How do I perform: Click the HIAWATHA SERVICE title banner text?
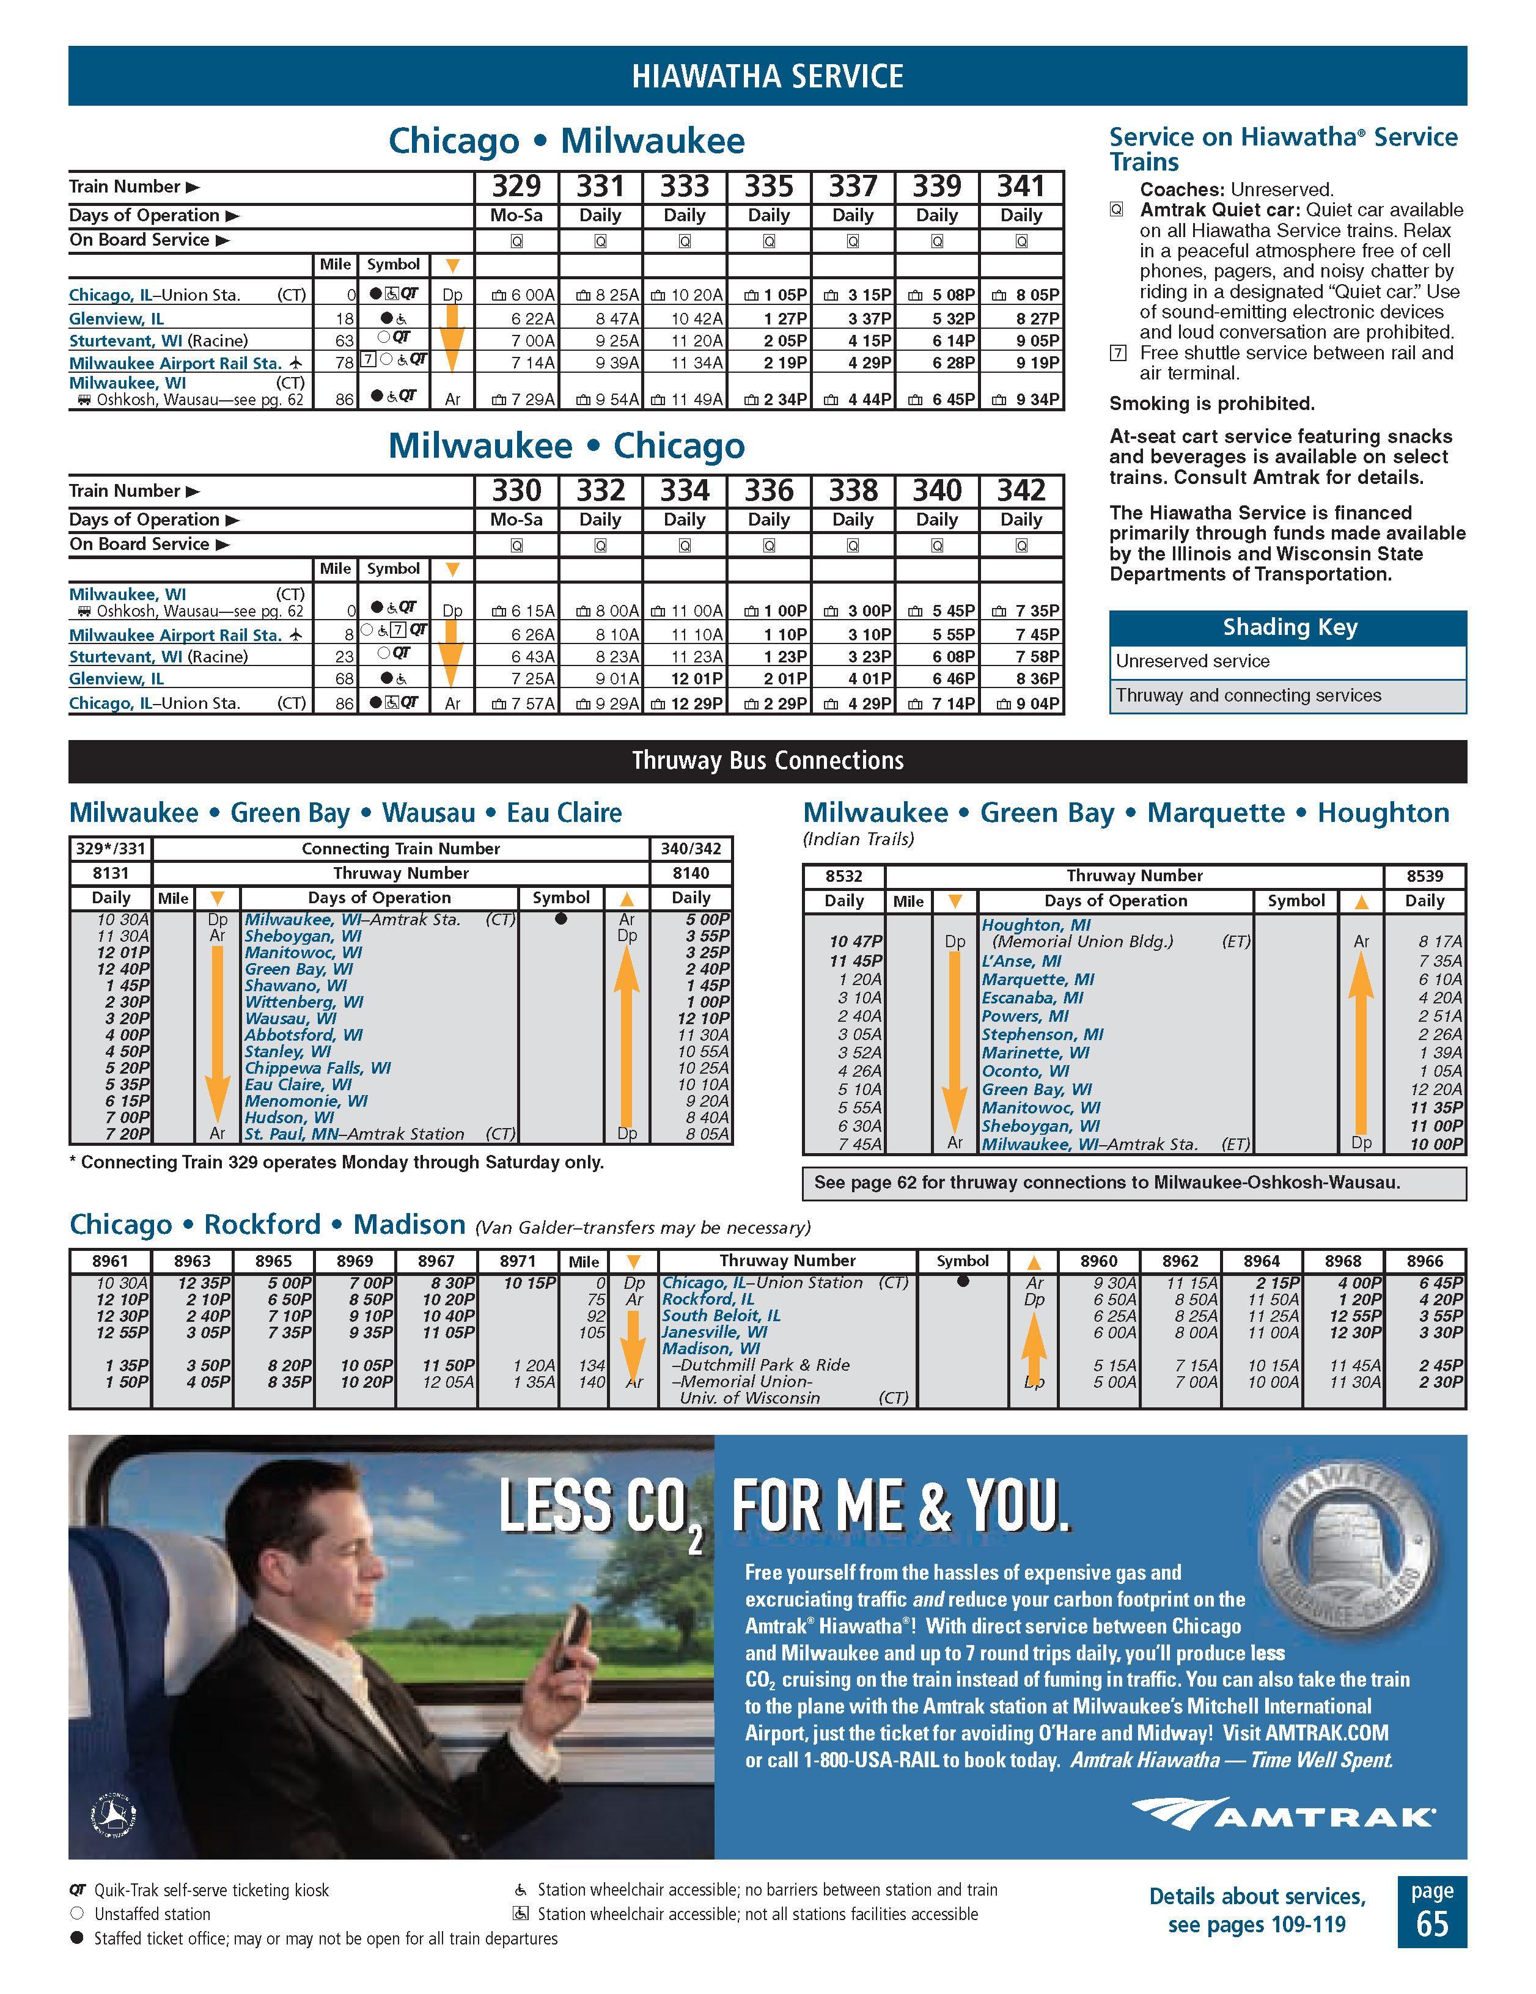pyautogui.click(x=767, y=76)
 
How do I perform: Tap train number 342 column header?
pyautogui.click(x=1020, y=491)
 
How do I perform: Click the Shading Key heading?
pyautogui.click(x=1288, y=627)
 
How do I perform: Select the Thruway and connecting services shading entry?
pyautogui.click(x=1248, y=695)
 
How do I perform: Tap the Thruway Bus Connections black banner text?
pyautogui.click(x=767, y=761)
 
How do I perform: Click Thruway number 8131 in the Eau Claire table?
pyautogui.click(x=111, y=873)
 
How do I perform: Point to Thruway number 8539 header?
pyautogui.click(x=1424, y=876)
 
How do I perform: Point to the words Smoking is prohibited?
pyautogui.click(x=1211, y=403)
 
